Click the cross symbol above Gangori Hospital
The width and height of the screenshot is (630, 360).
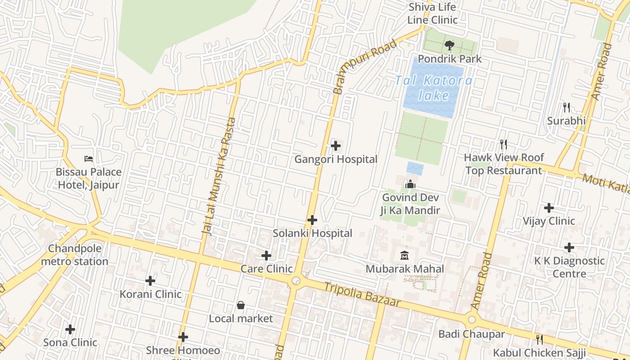(x=335, y=146)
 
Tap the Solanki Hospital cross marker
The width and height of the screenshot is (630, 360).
(x=312, y=220)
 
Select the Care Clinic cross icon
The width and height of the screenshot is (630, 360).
(x=266, y=256)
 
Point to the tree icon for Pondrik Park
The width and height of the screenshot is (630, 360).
(x=449, y=45)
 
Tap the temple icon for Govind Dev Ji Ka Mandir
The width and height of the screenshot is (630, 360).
(x=410, y=184)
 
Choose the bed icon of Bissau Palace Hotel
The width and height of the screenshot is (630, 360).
(x=89, y=158)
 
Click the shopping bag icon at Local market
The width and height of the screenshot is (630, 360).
(x=241, y=305)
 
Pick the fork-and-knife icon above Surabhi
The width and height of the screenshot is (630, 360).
(x=567, y=107)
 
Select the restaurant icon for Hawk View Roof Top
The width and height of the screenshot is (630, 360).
(x=504, y=144)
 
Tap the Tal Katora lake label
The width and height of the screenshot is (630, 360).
(x=434, y=88)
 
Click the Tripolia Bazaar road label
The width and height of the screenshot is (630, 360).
(x=362, y=295)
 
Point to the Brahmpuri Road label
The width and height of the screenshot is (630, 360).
(x=365, y=67)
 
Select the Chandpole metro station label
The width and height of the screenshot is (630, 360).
(x=75, y=255)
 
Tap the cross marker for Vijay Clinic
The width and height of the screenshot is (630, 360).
(x=549, y=208)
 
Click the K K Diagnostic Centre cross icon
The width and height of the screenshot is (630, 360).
(x=569, y=247)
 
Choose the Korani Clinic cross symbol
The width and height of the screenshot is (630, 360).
(x=150, y=281)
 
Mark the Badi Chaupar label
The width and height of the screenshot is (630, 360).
(x=472, y=334)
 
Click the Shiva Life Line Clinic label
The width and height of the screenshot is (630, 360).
(x=432, y=13)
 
